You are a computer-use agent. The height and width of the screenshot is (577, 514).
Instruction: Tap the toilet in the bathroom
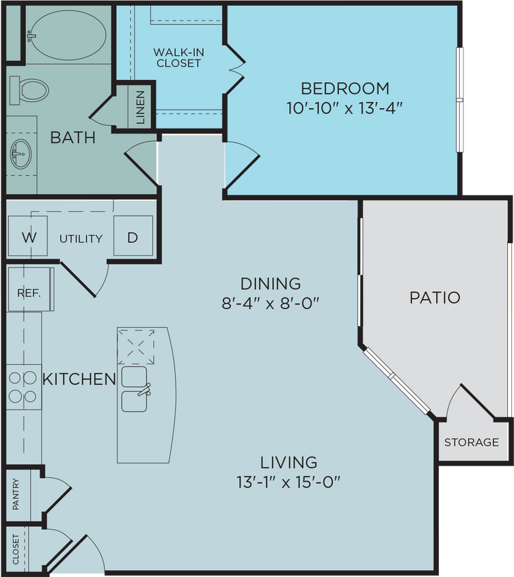click(x=31, y=90)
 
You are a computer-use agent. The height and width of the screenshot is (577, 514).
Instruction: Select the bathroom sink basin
click(x=21, y=153)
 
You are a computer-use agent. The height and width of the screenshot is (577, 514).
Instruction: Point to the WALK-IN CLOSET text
click(x=177, y=57)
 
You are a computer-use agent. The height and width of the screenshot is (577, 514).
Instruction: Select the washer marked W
click(x=29, y=237)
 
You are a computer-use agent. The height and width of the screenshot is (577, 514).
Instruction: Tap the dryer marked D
click(x=133, y=237)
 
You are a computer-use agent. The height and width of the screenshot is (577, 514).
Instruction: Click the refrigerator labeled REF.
click(x=29, y=293)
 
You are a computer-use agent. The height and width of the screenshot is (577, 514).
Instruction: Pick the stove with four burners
click(x=23, y=387)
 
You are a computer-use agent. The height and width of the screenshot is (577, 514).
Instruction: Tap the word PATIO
click(x=435, y=297)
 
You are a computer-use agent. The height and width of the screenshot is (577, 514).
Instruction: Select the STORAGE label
click(x=472, y=442)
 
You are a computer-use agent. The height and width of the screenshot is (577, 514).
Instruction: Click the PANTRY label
click(x=16, y=494)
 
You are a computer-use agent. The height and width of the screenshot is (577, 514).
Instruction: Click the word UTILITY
click(x=81, y=239)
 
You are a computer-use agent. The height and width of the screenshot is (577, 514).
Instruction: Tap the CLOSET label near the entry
click(x=16, y=550)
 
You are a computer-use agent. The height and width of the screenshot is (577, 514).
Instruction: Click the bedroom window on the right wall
click(x=460, y=100)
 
